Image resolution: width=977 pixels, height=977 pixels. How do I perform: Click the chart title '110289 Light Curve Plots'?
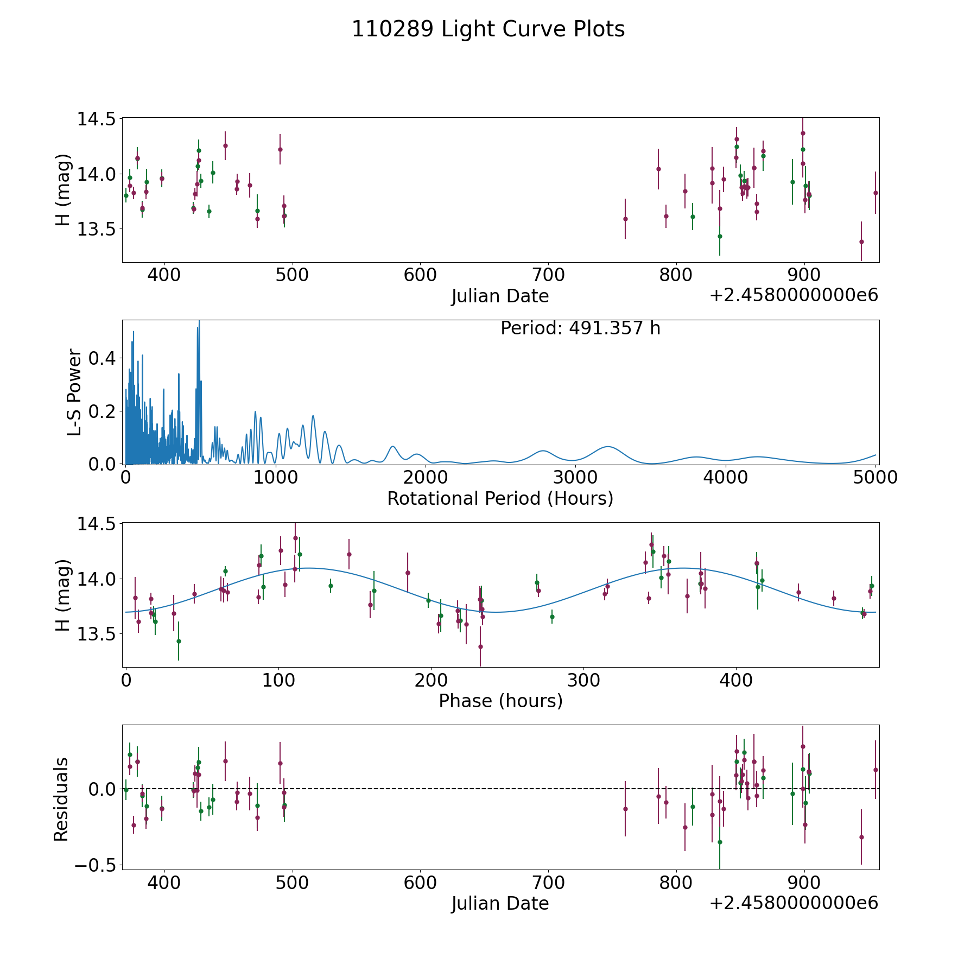tap(488, 29)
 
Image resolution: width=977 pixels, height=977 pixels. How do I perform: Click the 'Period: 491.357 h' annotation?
tap(580, 328)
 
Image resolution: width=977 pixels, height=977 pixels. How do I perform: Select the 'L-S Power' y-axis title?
tap(75, 392)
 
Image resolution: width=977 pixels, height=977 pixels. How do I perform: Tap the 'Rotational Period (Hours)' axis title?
tap(500, 498)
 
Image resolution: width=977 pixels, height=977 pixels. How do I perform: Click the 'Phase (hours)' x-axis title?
tap(500, 701)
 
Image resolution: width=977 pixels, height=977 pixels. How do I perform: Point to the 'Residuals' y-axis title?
tap(61, 799)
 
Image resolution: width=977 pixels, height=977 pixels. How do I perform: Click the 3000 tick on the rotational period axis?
tap(575, 478)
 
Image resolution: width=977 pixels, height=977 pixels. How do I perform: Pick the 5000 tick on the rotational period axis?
tap(875, 478)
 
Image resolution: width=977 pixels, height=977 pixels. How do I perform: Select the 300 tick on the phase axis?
tap(583, 681)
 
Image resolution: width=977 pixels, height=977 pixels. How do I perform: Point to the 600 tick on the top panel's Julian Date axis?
tap(420, 275)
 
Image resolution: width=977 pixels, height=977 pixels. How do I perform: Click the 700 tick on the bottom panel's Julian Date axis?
tap(548, 883)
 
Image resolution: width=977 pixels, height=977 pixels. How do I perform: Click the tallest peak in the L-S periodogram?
tap(199, 321)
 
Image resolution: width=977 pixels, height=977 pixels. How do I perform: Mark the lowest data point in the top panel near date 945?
tap(861, 242)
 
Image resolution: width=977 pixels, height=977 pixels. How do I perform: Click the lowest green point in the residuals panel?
tap(720, 842)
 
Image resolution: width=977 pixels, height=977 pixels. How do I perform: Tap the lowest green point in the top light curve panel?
tap(720, 236)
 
